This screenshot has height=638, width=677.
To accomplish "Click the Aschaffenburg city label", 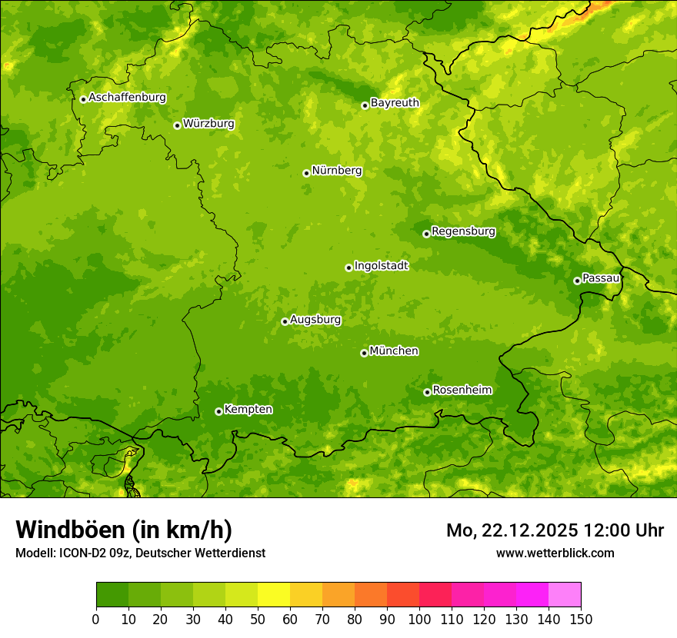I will [x=127, y=98].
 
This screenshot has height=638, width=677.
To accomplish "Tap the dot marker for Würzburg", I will [x=177, y=125].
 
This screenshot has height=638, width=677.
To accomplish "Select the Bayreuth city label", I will [x=395, y=102].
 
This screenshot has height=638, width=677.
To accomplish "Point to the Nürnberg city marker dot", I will [x=306, y=173].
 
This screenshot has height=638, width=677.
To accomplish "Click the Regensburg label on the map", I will [x=463, y=231].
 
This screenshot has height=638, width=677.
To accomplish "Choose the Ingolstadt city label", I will [x=381, y=265].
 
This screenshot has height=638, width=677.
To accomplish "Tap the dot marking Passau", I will [x=577, y=281].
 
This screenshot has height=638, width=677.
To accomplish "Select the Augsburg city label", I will [x=315, y=319].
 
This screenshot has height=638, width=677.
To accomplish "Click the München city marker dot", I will [x=364, y=353].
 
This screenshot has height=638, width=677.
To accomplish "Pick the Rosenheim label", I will [x=462, y=390].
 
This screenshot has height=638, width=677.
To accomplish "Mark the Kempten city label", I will [x=248, y=409].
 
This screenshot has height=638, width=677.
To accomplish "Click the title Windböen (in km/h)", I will [x=124, y=530].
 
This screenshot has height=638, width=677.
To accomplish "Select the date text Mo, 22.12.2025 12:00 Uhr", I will [x=555, y=530].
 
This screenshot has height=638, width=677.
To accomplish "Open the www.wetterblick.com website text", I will [x=555, y=553].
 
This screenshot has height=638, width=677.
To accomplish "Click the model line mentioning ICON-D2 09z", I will [x=140, y=553].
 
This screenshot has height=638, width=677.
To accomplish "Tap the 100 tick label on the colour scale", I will [x=419, y=619].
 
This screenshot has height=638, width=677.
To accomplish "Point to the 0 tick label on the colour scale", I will [x=96, y=619].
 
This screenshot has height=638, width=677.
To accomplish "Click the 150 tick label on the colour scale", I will [x=581, y=619].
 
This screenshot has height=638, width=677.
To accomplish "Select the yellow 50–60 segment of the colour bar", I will [x=274, y=595].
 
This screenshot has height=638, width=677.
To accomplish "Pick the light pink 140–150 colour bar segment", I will [x=565, y=595].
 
